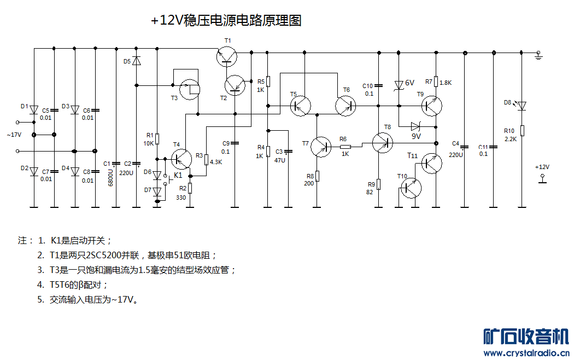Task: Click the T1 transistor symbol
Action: tap(227, 56)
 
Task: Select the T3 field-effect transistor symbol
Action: tap(190, 89)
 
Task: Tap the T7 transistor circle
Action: tap(321, 146)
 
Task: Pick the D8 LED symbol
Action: tap(522, 105)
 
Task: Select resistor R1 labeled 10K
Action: tap(157, 138)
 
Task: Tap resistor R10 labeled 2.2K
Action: tap(522, 130)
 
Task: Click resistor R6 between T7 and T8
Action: tap(345, 147)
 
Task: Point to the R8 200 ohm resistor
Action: tap(317, 176)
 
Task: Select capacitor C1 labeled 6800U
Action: tap(115, 163)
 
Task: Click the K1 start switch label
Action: tap(178, 175)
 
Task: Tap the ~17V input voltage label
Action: tap(14, 135)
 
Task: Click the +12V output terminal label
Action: tap(542, 167)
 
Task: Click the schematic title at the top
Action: tap(226, 21)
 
